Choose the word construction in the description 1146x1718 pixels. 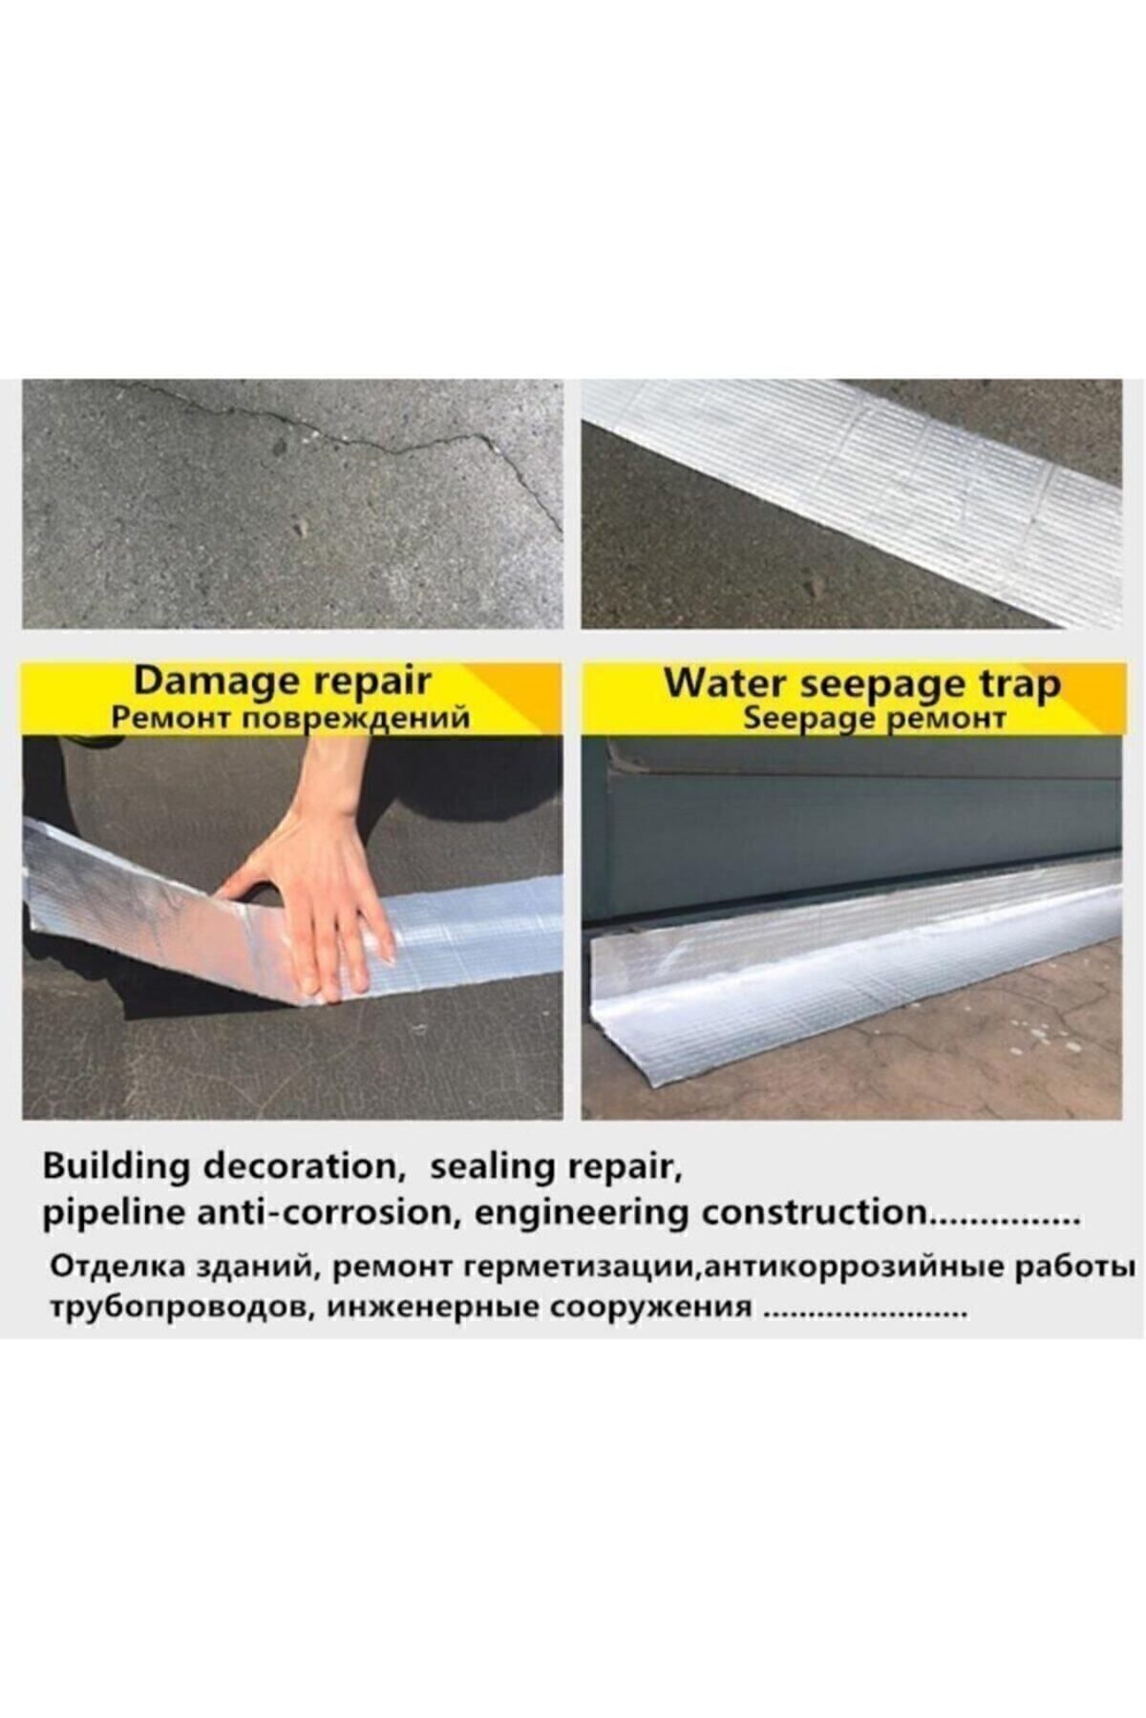tap(815, 1214)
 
